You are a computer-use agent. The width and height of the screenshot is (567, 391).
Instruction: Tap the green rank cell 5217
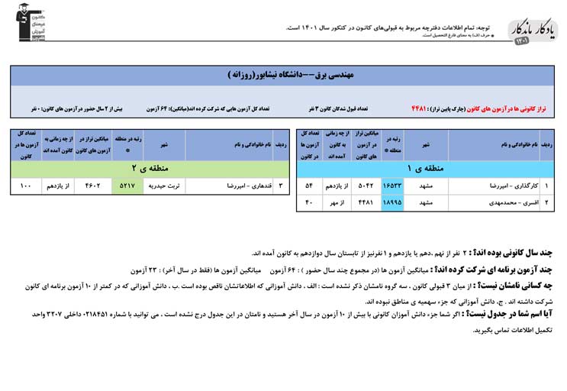(127, 186)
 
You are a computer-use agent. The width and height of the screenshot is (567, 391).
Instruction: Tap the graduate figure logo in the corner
(31, 22)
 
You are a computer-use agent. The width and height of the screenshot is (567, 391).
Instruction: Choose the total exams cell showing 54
(309, 186)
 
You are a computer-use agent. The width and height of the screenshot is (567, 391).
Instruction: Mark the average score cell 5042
(365, 186)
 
